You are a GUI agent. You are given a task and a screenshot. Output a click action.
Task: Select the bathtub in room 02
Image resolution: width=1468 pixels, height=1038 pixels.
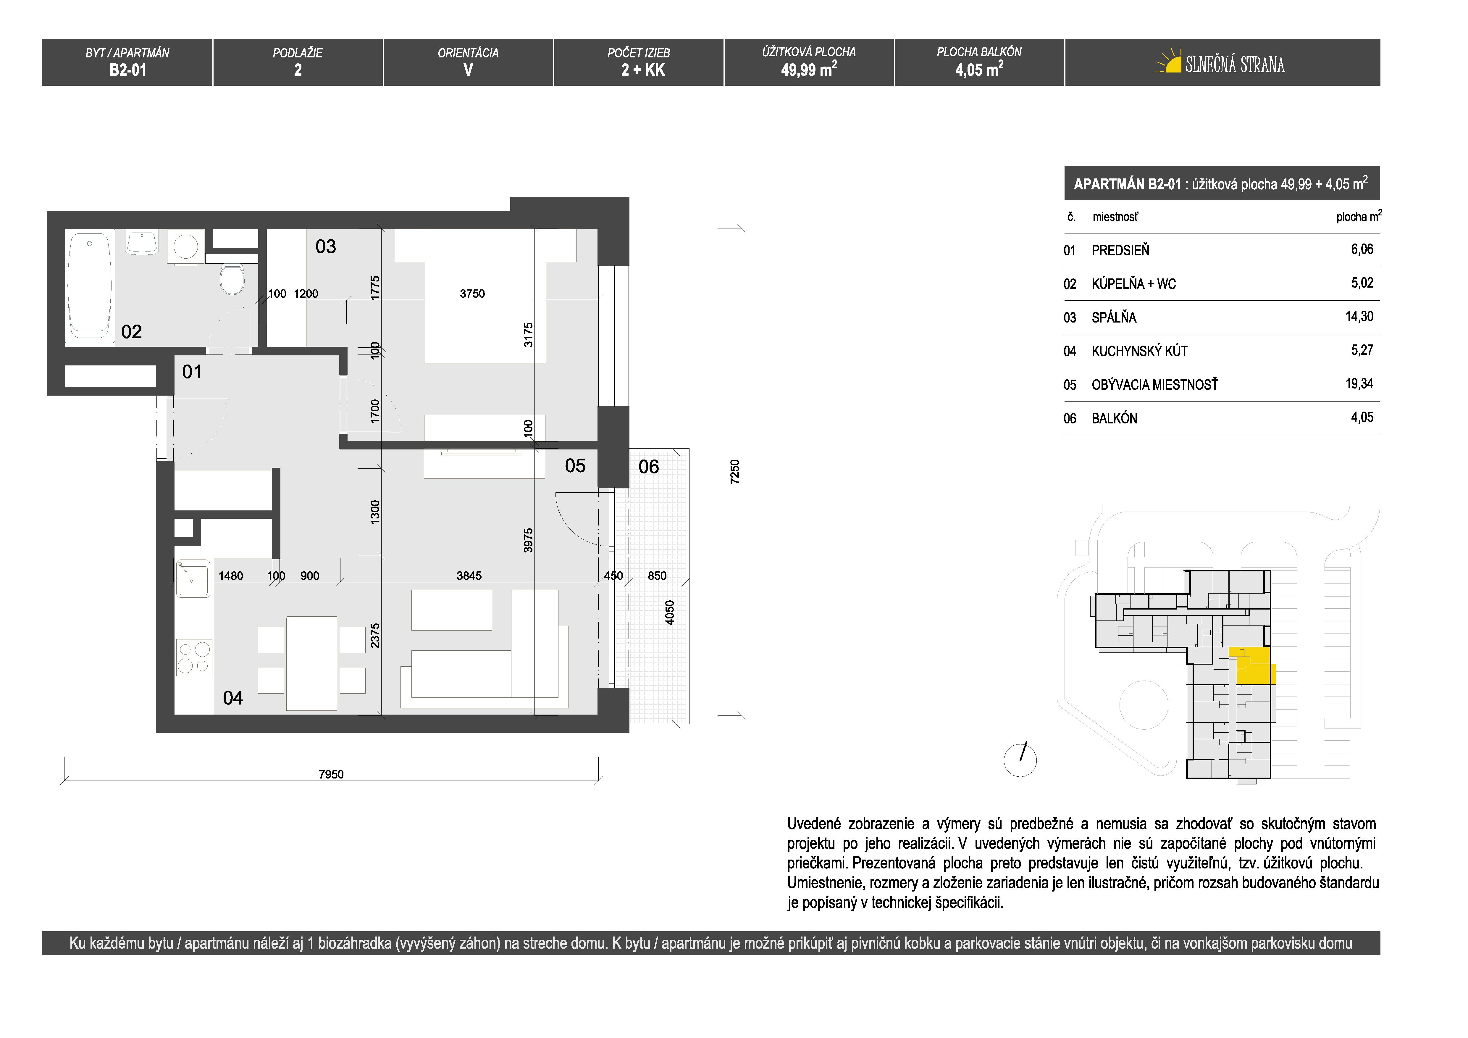click(x=90, y=285)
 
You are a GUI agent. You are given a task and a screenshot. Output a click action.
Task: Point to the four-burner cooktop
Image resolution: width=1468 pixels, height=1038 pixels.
click(x=194, y=657)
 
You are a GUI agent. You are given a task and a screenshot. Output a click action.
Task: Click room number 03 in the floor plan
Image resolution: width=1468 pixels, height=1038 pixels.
click(x=325, y=247)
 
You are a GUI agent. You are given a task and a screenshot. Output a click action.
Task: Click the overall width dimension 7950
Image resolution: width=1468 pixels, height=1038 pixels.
click(x=331, y=774)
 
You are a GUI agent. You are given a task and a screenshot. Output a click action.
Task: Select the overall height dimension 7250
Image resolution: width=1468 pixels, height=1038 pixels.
click(x=735, y=472)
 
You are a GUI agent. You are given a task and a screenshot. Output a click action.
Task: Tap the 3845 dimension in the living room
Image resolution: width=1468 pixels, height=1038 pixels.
click(x=469, y=576)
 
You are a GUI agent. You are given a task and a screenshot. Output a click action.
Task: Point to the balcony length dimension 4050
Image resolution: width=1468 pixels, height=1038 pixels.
click(x=669, y=613)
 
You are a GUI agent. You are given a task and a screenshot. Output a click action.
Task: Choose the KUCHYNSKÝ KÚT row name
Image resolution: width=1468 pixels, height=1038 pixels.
click(x=1139, y=351)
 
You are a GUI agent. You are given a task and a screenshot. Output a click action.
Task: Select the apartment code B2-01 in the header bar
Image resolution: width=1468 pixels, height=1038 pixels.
click(x=128, y=70)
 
